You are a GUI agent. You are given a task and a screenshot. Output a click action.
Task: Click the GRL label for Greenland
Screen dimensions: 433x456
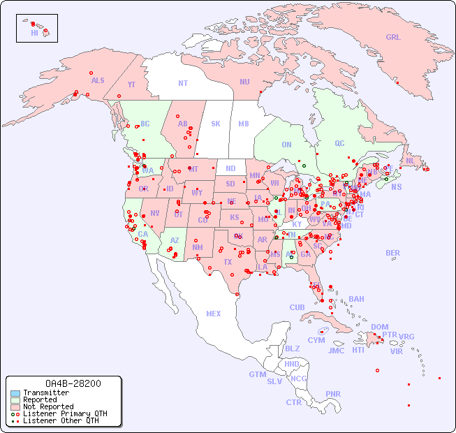click(x=393, y=38)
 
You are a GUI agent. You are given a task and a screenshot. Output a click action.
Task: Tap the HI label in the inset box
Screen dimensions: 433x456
click(x=34, y=33)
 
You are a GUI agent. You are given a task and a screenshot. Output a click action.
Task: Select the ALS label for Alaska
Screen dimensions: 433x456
click(x=98, y=80)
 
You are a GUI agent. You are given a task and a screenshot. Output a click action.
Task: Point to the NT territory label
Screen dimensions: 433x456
click(x=183, y=83)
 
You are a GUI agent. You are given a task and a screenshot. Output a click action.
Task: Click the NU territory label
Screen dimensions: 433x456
click(x=244, y=82)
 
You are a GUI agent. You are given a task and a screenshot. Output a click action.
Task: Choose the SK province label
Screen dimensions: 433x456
click(x=216, y=124)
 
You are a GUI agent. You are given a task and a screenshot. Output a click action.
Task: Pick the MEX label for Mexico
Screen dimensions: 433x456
click(x=214, y=314)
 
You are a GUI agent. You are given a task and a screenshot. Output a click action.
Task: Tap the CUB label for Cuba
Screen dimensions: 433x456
click(x=297, y=307)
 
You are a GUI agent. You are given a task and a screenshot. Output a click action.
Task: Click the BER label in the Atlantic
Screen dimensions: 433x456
click(x=393, y=253)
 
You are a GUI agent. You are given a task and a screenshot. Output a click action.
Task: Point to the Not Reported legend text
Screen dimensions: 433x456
click(x=48, y=406)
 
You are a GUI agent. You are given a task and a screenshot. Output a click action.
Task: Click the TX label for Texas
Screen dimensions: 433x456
click(x=228, y=262)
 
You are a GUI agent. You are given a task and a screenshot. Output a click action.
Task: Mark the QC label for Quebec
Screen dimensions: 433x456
click(x=339, y=143)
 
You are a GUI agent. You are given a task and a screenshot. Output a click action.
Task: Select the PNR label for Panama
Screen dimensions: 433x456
click(x=333, y=394)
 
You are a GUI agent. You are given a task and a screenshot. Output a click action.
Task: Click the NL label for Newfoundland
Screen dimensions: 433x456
click(x=410, y=160)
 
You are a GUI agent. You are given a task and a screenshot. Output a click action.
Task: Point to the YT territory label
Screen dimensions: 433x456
click(x=131, y=85)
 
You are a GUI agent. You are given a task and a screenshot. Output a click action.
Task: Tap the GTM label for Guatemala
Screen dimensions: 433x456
click(x=257, y=374)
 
